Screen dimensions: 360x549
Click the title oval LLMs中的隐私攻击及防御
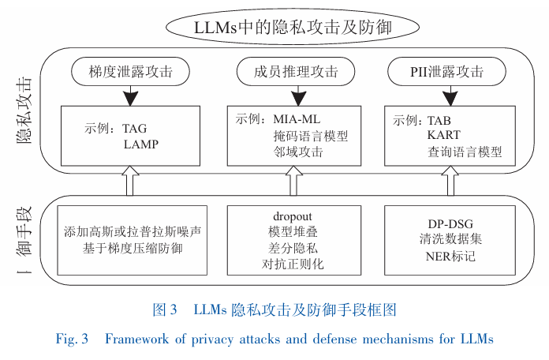coord(293,25)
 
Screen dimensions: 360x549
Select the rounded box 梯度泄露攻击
coord(131,72)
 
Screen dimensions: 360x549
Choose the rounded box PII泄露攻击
coord(446,72)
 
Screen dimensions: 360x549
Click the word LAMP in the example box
coord(140,144)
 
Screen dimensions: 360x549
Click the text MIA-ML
coord(297,119)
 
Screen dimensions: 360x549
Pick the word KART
coord(444,137)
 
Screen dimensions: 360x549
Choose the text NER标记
coord(448,257)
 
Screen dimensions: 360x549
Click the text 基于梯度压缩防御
coord(133,249)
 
